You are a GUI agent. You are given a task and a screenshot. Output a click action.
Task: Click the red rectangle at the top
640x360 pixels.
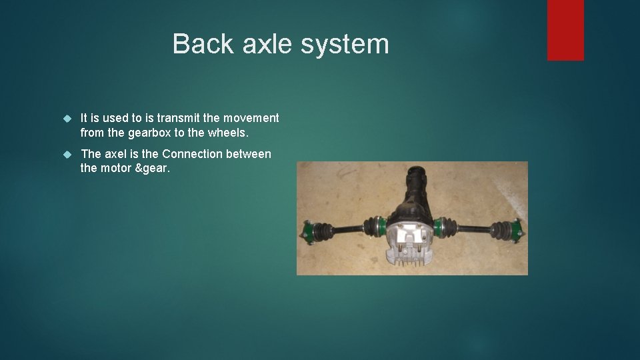click(565, 30)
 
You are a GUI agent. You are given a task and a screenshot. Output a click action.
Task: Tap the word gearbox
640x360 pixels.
click(154, 133)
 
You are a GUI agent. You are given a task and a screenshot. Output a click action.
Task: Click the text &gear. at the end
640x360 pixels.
click(153, 169)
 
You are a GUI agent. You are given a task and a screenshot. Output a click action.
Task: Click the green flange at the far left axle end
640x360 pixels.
click(309, 231)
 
